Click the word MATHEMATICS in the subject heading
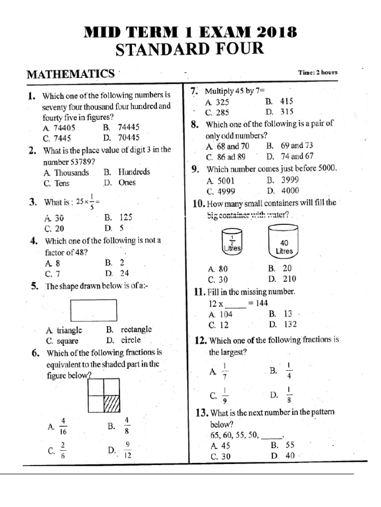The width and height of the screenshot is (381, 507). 70,74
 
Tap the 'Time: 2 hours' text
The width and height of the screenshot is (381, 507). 317,72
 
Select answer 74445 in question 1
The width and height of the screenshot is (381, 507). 128,127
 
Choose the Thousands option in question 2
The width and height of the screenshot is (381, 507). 72,172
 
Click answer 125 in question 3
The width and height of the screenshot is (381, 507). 126,217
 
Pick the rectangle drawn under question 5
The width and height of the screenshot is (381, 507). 94,310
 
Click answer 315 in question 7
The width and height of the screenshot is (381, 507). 287,112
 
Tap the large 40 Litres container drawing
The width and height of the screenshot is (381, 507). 284,242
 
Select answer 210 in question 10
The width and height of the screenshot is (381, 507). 288,279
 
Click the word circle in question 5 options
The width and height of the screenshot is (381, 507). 130,340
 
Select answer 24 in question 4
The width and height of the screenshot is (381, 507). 124,273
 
